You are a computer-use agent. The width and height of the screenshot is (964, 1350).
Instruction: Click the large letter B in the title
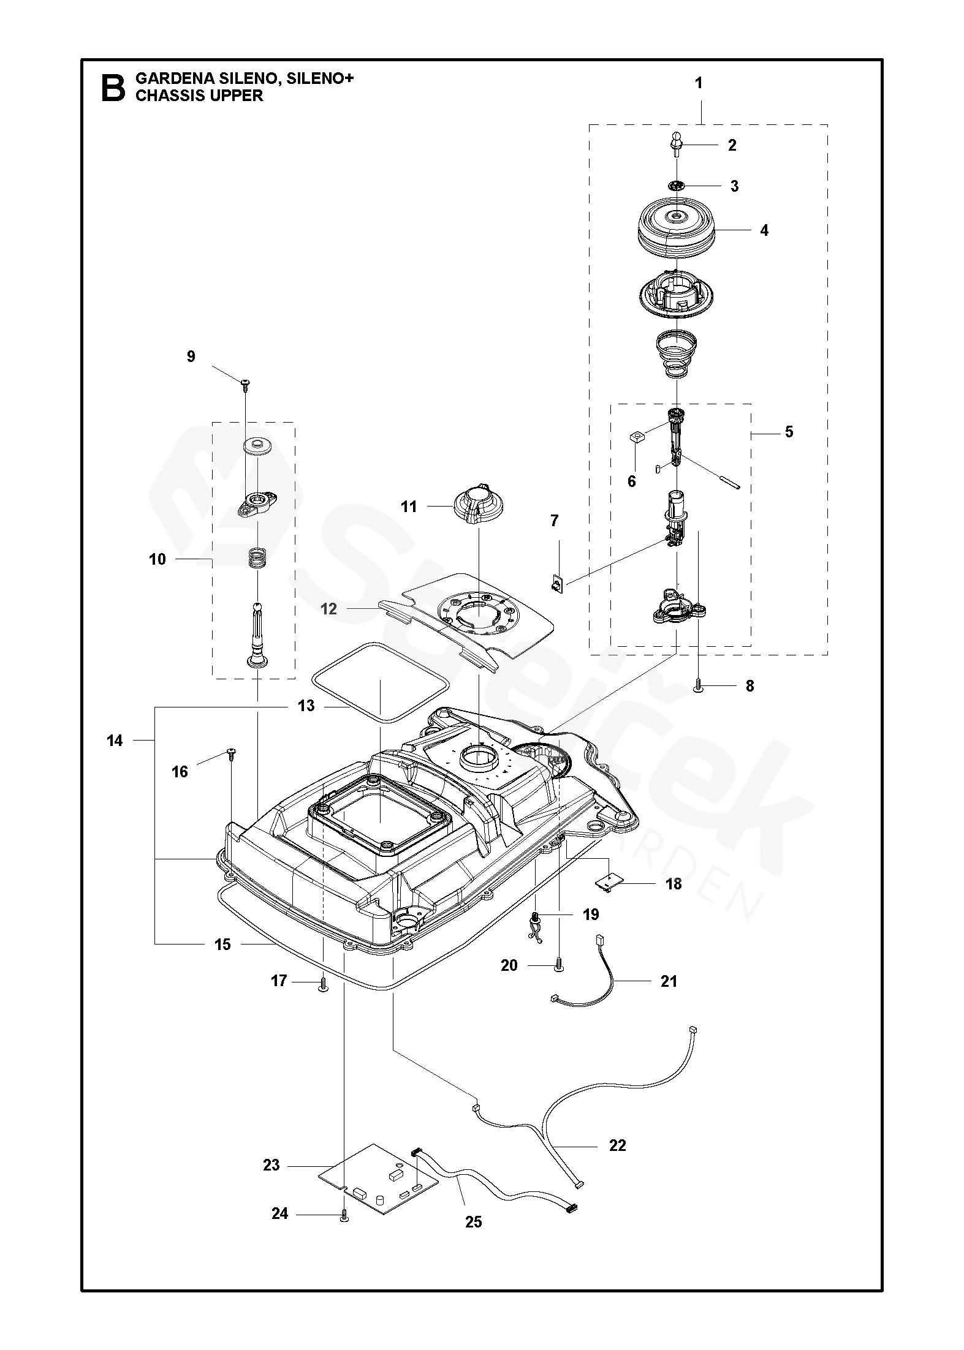click(x=112, y=88)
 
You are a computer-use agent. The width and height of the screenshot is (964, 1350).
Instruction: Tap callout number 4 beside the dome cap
click(x=764, y=231)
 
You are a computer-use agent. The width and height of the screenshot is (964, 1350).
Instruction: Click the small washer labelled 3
click(x=677, y=186)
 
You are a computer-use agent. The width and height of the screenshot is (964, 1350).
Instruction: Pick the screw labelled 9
click(x=246, y=384)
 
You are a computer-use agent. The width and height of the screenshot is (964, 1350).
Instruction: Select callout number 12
click(x=329, y=609)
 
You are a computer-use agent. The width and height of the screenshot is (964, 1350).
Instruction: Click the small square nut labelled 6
click(x=637, y=437)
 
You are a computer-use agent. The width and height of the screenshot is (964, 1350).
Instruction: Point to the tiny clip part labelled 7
click(x=557, y=583)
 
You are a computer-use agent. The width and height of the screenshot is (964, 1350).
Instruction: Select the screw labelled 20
click(x=558, y=966)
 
